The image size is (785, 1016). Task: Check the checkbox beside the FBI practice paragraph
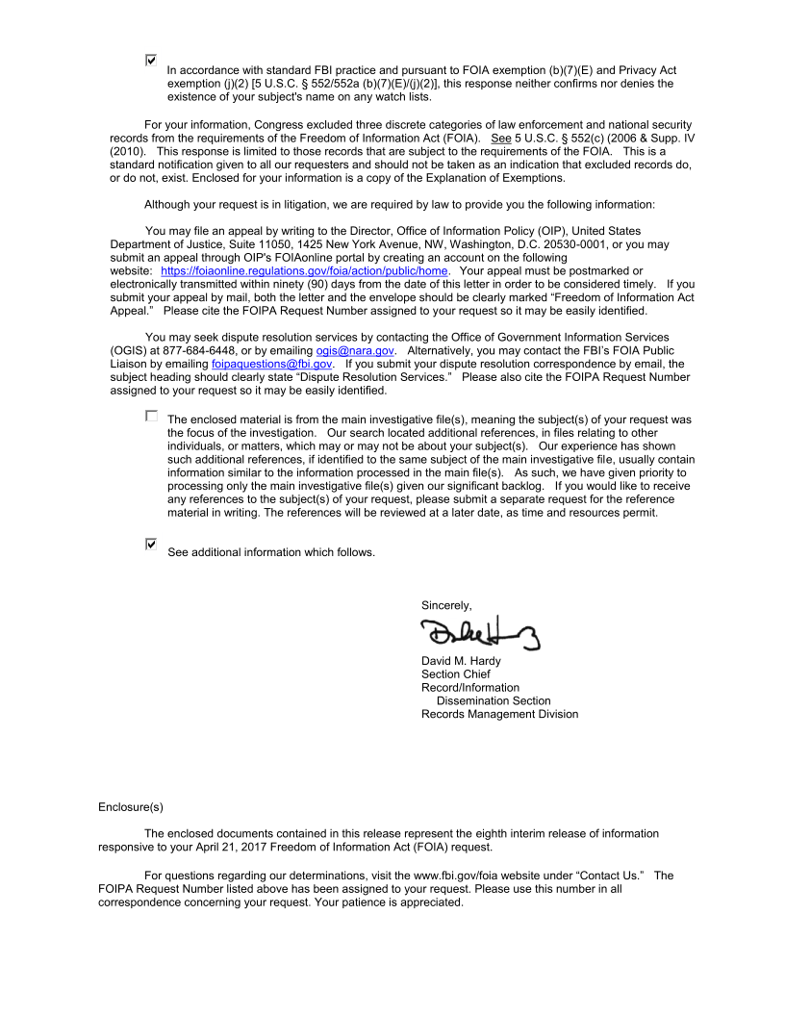tap(150, 60)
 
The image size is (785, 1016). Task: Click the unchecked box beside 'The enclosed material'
tap(150, 417)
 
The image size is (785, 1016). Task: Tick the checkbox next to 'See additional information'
tap(150, 544)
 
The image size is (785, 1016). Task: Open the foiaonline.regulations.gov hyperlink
tap(304, 271)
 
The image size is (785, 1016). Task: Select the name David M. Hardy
tap(462, 661)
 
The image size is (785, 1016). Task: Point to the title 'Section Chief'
tap(455, 674)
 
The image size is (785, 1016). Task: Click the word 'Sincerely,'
tap(446, 605)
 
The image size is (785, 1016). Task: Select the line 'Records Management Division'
tap(499, 714)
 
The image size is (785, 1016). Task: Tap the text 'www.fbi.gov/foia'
tap(458, 875)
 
